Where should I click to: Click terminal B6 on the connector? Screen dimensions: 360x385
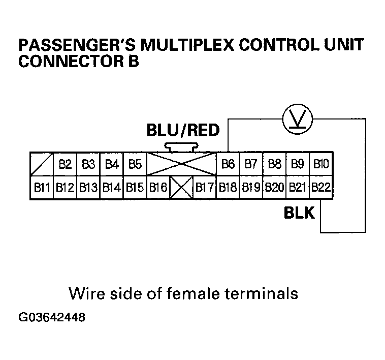click(x=228, y=164)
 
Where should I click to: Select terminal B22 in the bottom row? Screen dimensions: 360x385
click(x=321, y=187)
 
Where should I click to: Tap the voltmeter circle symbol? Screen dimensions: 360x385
click(x=298, y=119)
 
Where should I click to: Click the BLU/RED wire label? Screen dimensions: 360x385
click(x=183, y=131)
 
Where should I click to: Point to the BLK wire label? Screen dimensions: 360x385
click(x=299, y=213)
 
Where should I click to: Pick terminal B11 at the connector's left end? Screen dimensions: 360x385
click(x=42, y=187)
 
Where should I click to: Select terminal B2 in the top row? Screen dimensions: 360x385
click(x=65, y=164)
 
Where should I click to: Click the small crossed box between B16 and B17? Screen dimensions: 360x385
click(x=181, y=187)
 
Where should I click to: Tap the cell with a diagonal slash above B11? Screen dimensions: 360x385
click(x=42, y=164)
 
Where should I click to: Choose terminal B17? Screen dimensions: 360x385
click(x=205, y=187)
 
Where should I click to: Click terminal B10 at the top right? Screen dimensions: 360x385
click(x=321, y=164)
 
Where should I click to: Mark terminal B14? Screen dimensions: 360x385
click(x=111, y=187)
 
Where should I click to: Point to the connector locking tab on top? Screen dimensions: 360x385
click(x=181, y=147)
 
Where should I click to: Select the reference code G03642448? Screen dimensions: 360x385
click(x=52, y=318)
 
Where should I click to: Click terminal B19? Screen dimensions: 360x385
click(x=251, y=187)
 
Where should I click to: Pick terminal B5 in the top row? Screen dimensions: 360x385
click(x=135, y=164)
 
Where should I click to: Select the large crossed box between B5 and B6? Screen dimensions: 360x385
click(x=181, y=164)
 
